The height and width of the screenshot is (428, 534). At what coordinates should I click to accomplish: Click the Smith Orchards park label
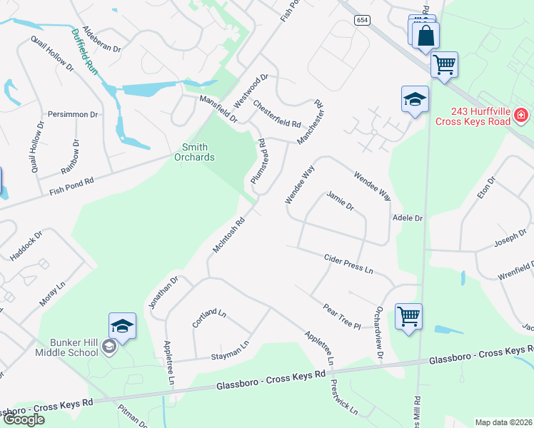(194, 152)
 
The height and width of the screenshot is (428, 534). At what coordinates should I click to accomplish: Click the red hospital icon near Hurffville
(522, 115)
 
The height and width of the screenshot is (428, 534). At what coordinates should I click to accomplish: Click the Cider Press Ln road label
(348, 264)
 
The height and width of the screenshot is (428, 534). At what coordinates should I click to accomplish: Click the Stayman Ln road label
(229, 350)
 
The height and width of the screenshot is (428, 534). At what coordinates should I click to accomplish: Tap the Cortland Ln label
(209, 319)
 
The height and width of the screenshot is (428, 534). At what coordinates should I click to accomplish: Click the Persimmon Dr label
(72, 114)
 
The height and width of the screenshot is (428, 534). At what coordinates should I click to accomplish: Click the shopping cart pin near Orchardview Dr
(408, 315)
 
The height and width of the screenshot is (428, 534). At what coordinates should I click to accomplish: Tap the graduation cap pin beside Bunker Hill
(122, 326)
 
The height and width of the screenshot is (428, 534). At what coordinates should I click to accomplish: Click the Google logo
(24, 419)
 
